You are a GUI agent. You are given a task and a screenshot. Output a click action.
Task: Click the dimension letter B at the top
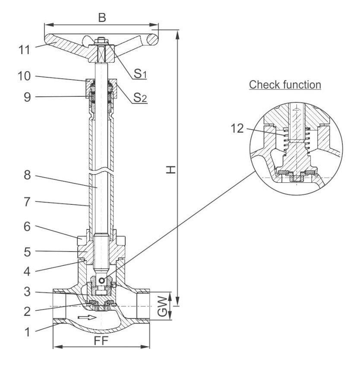pos(102,18)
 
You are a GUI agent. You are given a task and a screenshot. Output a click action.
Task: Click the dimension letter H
pos(171,170)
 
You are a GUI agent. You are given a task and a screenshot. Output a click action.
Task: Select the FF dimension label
pos(101,341)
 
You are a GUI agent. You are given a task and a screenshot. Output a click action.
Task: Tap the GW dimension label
pos(162,306)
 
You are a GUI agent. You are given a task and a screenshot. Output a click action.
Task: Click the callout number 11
pos(24,50)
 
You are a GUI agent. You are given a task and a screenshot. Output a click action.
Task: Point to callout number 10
pos(24,76)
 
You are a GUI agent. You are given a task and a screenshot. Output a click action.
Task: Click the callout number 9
pos(27,97)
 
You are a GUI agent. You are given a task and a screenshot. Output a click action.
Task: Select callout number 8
pos(27,175)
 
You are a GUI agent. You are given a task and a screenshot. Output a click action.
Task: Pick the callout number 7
pos(27,202)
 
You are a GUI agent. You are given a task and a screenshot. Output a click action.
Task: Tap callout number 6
pos(27,226)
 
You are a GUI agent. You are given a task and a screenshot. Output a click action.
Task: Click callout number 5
pos(27,252)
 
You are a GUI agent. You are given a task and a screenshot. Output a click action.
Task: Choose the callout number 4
pos(27,271)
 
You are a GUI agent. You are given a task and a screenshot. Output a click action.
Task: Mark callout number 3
pos(27,292)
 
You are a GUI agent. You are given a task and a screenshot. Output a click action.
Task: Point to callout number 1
pos(27,332)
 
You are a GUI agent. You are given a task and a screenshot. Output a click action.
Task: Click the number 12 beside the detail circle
pos(237,128)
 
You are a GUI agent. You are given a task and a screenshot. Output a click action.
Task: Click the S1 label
pos(140,74)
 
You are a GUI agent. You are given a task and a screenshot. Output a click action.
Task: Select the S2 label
pos(140,98)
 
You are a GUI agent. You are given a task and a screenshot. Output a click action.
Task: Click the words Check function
pos(285,85)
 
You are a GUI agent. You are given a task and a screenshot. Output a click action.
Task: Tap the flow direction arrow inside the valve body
pos(87,317)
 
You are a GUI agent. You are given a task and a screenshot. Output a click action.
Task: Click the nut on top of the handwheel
pos(101,41)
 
